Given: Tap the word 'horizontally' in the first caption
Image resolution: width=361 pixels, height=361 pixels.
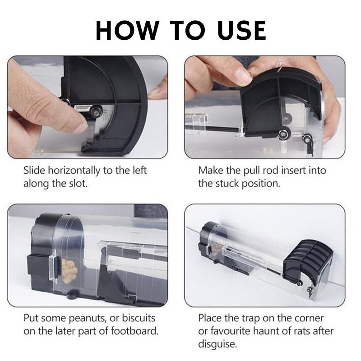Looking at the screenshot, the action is (x=74, y=171).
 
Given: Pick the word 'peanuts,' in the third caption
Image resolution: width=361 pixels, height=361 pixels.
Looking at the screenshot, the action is (x=88, y=319).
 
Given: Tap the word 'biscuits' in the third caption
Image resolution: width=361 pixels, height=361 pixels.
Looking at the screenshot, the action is (x=139, y=318).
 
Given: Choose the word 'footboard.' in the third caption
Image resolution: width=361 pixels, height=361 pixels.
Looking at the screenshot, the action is (x=135, y=331).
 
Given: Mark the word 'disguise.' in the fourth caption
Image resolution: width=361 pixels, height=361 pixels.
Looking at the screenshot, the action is (x=218, y=344).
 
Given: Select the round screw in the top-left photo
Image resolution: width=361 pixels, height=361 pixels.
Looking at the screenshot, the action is (x=95, y=111).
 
